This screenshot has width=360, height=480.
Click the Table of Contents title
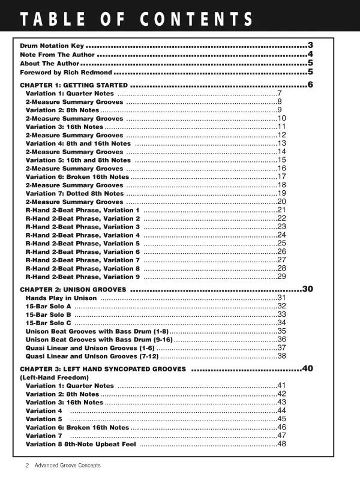pyautogui.click(x=137, y=19)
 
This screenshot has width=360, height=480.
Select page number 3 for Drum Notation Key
pyautogui.click(x=310, y=45)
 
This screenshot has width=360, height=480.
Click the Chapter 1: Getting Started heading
pyautogui.click(x=73, y=85)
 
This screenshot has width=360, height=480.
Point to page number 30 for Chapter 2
pyautogui.click(x=308, y=289)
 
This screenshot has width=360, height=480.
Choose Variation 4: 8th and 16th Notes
pyautogui.click(x=78, y=144)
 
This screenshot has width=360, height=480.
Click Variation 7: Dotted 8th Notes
pyautogui.click(x=75, y=193)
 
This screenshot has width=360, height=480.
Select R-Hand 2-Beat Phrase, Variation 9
pyautogui.click(x=83, y=277)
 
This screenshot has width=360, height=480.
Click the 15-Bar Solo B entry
pyautogui.click(x=49, y=314)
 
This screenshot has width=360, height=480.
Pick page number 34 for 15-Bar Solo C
pyautogui.click(x=281, y=322)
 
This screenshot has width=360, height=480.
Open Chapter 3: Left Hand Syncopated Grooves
pyautogui.click(x=103, y=369)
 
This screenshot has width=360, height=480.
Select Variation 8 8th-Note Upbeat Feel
pyautogui.click(x=81, y=444)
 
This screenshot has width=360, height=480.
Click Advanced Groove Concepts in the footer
pyautogui.click(x=67, y=465)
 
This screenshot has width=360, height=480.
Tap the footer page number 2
pyautogui.click(x=27, y=465)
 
